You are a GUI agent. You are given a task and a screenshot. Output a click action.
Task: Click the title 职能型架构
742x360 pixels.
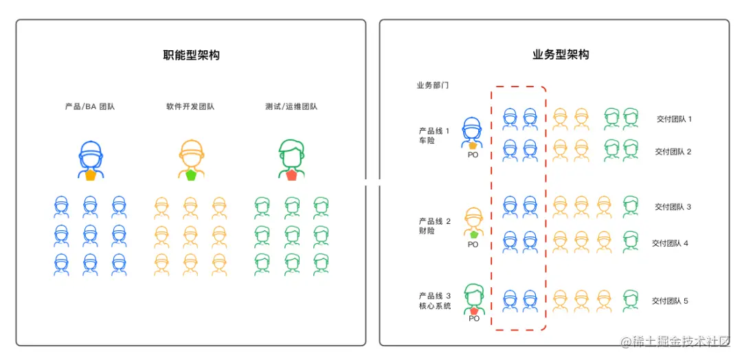[191, 55]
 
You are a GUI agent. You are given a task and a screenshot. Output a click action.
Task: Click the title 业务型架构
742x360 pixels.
[561, 55]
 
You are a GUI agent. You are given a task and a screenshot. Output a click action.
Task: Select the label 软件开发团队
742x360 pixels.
[190, 106]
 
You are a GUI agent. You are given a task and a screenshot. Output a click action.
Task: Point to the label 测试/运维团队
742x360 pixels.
[291, 106]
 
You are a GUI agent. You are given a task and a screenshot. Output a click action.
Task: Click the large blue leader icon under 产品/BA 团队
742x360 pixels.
[91, 159]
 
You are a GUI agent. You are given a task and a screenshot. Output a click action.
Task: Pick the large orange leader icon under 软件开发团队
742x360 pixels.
[191, 159]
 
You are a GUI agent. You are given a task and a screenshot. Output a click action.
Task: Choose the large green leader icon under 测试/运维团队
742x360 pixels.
[291, 159]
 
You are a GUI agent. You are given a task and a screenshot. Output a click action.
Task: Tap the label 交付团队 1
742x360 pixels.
[674, 119]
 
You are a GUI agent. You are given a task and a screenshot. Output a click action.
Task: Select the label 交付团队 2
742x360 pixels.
[673, 151]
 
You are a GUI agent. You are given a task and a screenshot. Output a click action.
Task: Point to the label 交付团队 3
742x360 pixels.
[673, 206]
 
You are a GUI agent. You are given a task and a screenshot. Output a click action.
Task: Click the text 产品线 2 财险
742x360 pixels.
[435, 226]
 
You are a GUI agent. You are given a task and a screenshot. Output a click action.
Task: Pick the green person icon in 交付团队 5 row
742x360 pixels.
[630, 300]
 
